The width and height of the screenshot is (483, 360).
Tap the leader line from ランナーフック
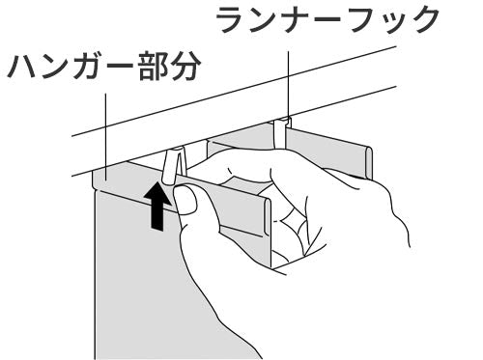(x=289, y=82)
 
